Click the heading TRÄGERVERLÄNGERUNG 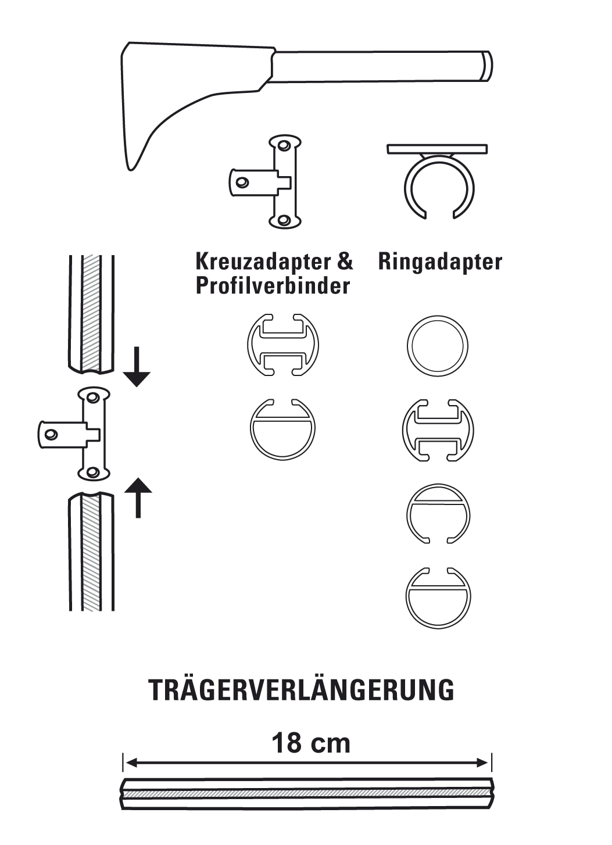coord(301,690)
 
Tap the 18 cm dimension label coord(311,743)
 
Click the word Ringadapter coord(440,262)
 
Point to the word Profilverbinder coord(273,286)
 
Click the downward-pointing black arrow coord(137,367)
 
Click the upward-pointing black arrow coord(138,497)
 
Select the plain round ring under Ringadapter coord(437,346)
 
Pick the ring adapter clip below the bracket coord(439,181)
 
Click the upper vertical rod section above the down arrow coord(91,314)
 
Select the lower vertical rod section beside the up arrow coord(91,552)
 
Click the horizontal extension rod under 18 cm coord(307,793)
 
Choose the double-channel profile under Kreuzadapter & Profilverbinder coord(283,345)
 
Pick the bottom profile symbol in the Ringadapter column coord(438,598)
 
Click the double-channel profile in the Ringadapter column coord(438,430)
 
